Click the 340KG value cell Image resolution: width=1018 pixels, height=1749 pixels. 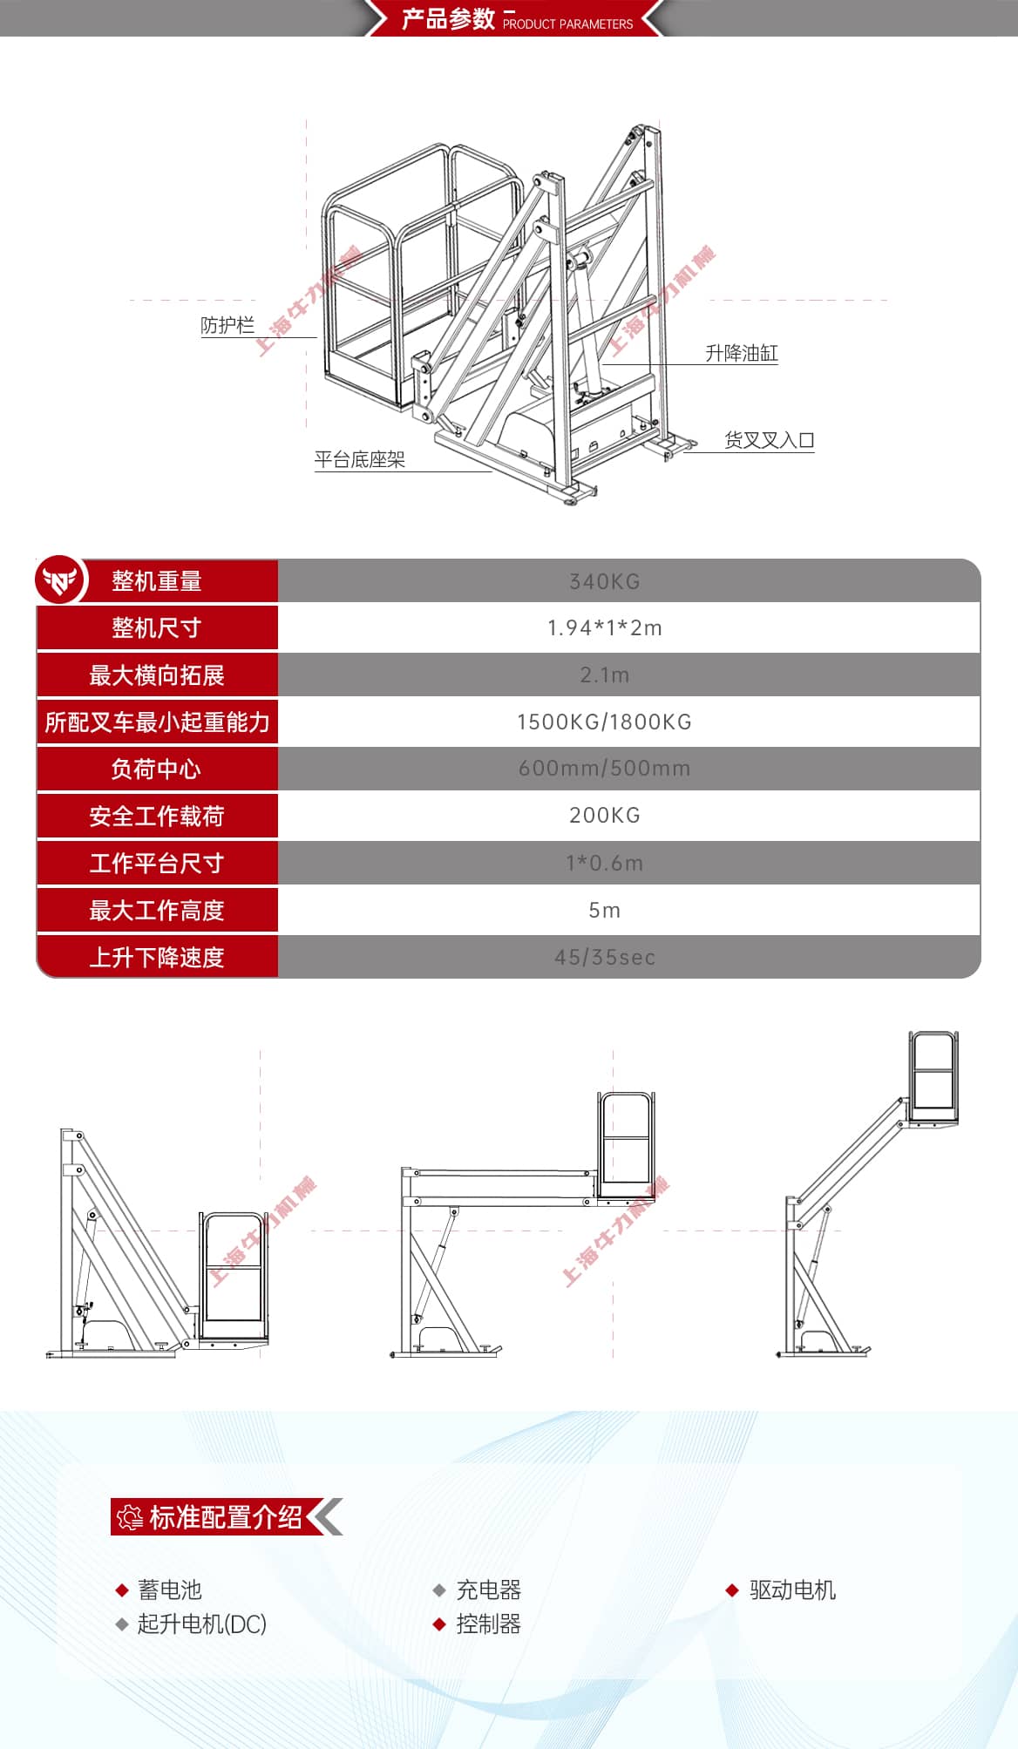[x=604, y=581]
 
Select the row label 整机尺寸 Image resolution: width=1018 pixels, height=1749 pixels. [x=157, y=627]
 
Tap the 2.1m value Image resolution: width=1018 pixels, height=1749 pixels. [x=604, y=675]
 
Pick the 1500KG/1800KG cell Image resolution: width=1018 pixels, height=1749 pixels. [x=604, y=722]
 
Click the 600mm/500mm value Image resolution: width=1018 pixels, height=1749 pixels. [x=604, y=769]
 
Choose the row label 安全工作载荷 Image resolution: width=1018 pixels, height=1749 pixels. [x=157, y=816]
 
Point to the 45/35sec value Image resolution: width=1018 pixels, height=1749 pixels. [x=604, y=957]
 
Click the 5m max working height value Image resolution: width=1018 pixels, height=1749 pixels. [x=604, y=910]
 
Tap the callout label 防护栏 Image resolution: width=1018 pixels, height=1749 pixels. [x=227, y=325]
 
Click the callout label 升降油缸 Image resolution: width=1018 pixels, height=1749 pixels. [x=741, y=353]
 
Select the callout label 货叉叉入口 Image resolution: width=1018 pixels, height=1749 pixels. [x=769, y=440]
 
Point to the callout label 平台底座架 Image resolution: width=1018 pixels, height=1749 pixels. [x=359, y=459]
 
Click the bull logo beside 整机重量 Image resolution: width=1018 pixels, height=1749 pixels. [x=60, y=580]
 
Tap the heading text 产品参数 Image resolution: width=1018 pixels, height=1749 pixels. [x=448, y=18]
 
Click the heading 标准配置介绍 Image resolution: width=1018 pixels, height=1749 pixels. [x=225, y=1517]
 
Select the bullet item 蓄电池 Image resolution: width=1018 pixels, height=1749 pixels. [x=170, y=1590]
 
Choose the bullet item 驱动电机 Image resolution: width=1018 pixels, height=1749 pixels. [x=792, y=1590]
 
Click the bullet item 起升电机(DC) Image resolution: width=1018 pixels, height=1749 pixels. [x=201, y=1624]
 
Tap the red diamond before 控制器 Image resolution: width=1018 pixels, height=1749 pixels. [x=439, y=1624]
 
